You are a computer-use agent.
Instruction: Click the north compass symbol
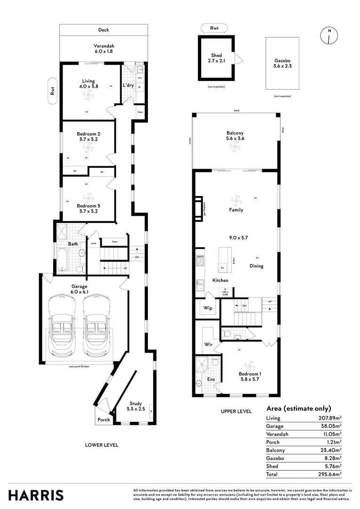coord(328,35)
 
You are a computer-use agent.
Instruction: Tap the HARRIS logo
coord(36,495)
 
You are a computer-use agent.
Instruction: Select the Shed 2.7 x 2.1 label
coord(216,58)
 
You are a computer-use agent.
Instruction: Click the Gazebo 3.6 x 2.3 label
coord(283,64)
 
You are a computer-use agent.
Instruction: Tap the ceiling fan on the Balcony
coord(235,147)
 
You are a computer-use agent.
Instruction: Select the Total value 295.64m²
coord(330,474)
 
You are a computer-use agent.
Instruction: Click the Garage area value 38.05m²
coord(330,426)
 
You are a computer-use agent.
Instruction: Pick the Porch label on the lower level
coord(104,420)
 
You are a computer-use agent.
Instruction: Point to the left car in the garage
coord(63,325)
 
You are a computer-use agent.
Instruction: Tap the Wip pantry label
coord(207,308)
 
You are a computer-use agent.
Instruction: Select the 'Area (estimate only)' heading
coord(298,409)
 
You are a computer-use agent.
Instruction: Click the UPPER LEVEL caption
coord(236,411)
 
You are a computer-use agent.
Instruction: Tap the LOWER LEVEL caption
coord(101,445)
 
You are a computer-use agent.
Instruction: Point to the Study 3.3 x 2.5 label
coord(135,406)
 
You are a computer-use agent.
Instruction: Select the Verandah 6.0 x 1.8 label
coord(104,49)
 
